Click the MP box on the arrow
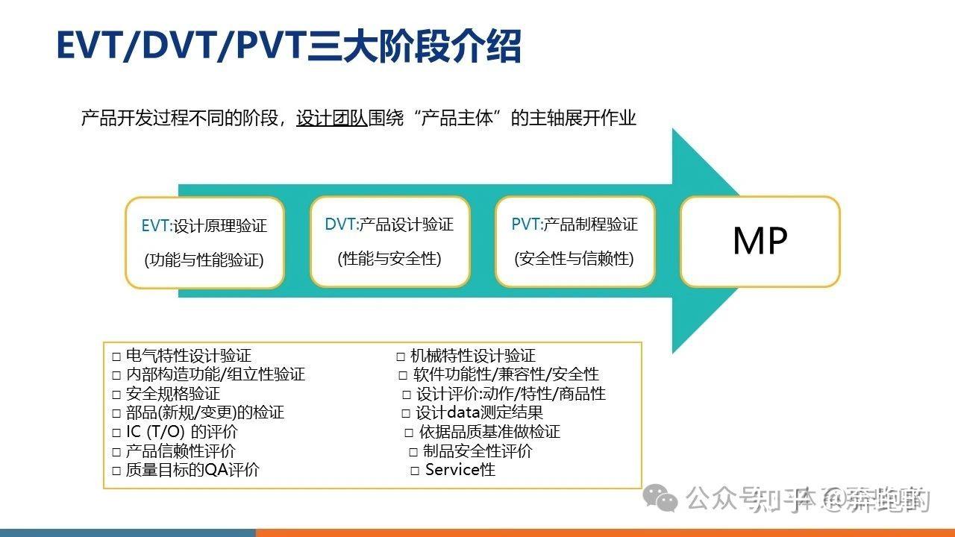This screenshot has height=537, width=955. tap(760, 241)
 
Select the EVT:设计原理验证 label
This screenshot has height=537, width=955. tap(204, 225)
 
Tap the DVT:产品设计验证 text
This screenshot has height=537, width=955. tap(389, 224)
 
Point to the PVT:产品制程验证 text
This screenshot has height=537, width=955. tap(574, 224)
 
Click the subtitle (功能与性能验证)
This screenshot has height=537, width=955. tap(204, 260)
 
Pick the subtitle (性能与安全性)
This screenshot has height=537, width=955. tap(389, 259)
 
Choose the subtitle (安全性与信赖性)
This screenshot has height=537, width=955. tap(574, 259)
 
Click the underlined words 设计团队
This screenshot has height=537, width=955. tap(332, 118)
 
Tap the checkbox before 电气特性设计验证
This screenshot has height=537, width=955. tap(116, 356)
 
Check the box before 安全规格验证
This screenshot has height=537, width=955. tap(116, 394)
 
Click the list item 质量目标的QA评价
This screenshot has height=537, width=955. tap(192, 470)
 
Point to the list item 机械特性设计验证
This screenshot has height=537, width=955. tap(473, 356)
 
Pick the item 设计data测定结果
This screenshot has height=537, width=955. tap(479, 412)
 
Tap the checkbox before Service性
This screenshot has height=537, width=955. tap(416, 471)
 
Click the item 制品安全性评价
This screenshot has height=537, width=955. tap(477, 450)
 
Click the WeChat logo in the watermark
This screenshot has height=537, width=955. tap(661, 497)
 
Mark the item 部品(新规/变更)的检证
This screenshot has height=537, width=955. tap(204, 412)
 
